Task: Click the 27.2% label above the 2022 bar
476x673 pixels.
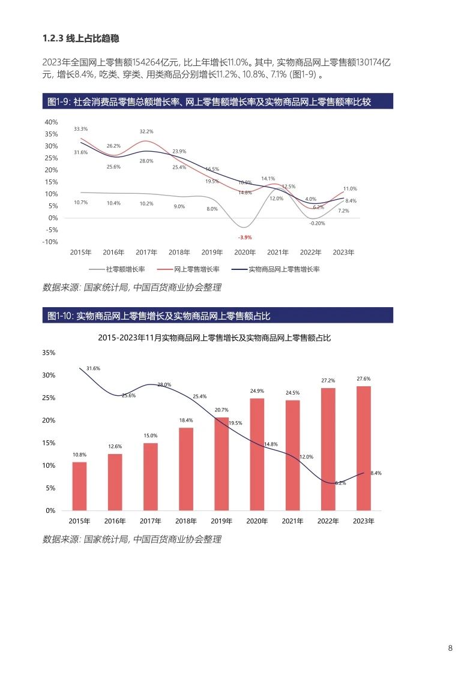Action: [x=328, y=380]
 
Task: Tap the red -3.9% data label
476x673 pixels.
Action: [x=244, y=238]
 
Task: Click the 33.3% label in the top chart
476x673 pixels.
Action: [x=80, y=129]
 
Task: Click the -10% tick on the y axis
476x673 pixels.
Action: [x=50, y=242]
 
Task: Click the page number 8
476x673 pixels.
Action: [x=450, y=648]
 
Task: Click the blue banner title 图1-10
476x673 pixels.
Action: [x=162, y=316]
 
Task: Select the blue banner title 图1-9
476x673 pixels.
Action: [x=209, y=102]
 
